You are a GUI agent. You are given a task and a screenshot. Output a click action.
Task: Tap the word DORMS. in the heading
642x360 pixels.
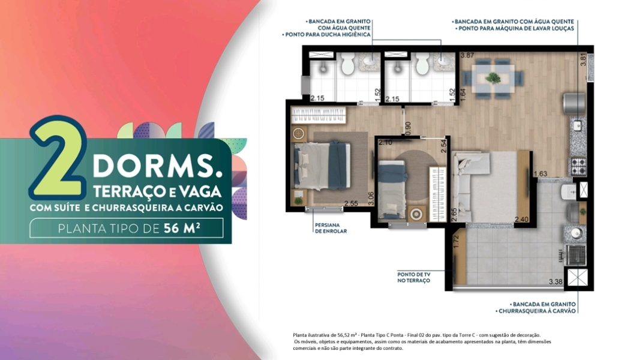tap(158, 167)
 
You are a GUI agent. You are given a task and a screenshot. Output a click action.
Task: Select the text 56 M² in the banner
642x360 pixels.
tap(182, 228)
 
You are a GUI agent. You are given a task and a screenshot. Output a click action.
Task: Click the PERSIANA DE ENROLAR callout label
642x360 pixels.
tap(331, 228)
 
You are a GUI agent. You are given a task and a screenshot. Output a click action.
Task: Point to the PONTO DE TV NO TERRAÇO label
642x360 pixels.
tap(413, 277)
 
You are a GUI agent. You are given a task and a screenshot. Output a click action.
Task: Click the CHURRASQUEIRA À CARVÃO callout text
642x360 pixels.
tap(537, 311)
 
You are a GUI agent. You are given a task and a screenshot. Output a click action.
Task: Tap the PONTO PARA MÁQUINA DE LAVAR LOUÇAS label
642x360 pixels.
tap(515, 29)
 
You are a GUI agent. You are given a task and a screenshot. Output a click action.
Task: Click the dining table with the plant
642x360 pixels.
tap(493, 78)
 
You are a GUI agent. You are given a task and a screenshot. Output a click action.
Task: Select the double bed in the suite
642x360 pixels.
tap(322, 166)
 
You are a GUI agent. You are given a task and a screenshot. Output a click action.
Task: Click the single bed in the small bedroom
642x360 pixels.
tap(392, 188)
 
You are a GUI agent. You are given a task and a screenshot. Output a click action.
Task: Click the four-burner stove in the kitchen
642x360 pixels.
tap(578, 166)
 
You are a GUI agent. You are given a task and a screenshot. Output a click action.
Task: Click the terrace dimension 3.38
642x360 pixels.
tap(556, 282)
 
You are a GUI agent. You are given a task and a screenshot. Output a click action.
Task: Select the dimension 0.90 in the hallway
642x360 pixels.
tap(407, 128)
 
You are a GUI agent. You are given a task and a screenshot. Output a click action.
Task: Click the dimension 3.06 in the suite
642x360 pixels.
tap(371, 199)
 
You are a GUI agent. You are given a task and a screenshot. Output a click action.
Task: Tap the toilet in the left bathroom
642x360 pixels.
tap(347, 64)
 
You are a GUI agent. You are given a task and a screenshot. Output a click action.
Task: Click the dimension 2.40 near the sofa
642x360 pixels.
tap(521, 220)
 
